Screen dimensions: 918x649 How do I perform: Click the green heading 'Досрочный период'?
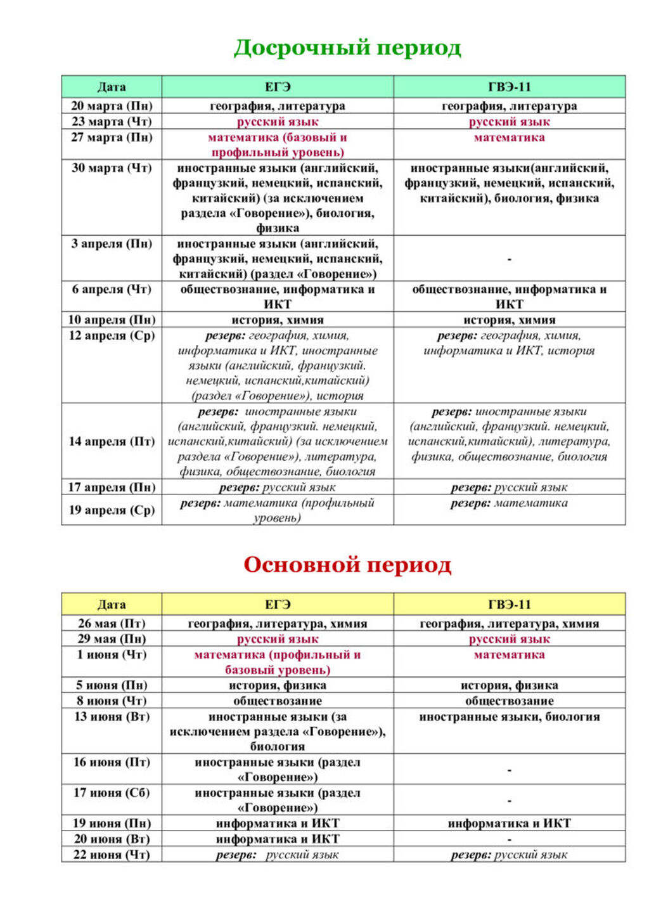[x=347, y=48]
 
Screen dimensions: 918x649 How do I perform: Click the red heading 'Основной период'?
[x=347, y=565]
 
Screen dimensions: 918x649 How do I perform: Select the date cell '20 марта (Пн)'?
[x=112, y=106]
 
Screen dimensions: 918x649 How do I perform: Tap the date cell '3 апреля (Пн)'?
[x=112, y=244]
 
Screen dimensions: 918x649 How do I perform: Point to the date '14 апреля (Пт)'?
[x=112, y=442]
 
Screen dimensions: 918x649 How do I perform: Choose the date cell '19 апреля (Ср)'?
[x=112, y=510]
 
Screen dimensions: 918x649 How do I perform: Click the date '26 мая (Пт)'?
[x=112, y=624]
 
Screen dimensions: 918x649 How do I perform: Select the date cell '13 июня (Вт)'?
[x=112, y=717]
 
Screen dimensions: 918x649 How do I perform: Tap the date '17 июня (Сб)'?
[x=112, y=793]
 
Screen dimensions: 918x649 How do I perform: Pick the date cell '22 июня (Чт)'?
[x=112, y=855]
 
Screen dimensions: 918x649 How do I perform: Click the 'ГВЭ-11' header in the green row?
[x=510, y=87]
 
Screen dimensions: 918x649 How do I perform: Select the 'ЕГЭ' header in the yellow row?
[x=278, y=605]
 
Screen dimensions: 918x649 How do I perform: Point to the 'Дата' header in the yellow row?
[x=112, y=605]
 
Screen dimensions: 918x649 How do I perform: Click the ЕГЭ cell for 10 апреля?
[x=278, y=320]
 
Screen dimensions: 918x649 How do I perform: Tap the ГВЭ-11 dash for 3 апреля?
[x=510, y=259]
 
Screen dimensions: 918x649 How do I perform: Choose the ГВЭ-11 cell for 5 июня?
[x=510, y=685]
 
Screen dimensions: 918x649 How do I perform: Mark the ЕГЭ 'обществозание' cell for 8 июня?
[x=278, y=701]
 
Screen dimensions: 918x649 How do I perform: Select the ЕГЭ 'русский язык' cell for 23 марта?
[x=278, y=122]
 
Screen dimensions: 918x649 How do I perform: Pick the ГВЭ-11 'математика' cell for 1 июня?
[x=510, y=655]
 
